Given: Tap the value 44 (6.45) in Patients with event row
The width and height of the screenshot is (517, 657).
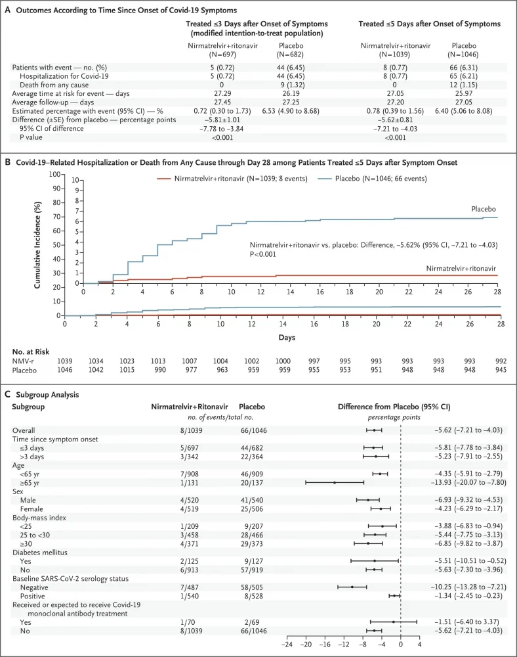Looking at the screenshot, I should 291,68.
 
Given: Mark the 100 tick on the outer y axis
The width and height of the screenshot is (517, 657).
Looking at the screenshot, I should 56,175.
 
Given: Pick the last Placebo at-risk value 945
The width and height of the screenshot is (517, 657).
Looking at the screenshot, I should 501,370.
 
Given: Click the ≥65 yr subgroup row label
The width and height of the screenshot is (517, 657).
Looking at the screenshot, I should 32,482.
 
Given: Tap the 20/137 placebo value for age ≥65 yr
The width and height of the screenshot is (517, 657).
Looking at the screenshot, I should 253,482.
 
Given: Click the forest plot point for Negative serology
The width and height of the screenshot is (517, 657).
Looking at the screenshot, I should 352,568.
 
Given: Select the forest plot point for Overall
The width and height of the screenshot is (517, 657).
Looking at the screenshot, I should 374,430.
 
